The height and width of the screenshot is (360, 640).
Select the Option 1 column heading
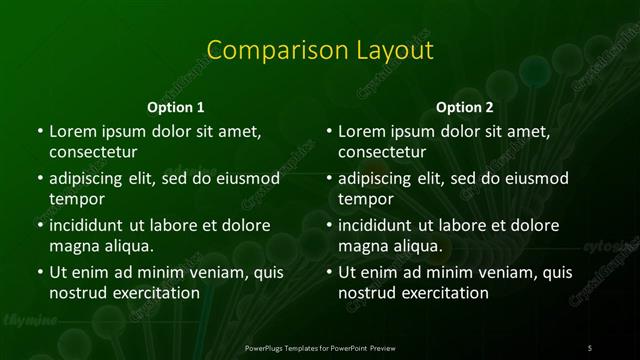pyautogui.click(x=176, y=107)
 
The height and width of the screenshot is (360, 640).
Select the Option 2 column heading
pyautogui.click(x=465, y=107)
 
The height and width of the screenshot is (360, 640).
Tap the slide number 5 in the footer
pyautogui.click(x=590, y=347)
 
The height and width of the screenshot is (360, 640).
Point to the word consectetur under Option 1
pyautogui.click(x=92, y=152)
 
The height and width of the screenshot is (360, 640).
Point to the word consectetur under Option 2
pyautogui.click(x=382, y=152)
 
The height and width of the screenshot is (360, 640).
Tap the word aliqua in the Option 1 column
pyautogui.click(x=127, y=246)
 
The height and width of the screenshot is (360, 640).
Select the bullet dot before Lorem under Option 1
pyautogui.click(x=39, y=131)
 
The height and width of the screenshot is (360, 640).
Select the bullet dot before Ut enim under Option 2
pyautogui.click(x=329, y=272)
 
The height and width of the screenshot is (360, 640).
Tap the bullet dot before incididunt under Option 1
pyautogui.click(x=39, y=225)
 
